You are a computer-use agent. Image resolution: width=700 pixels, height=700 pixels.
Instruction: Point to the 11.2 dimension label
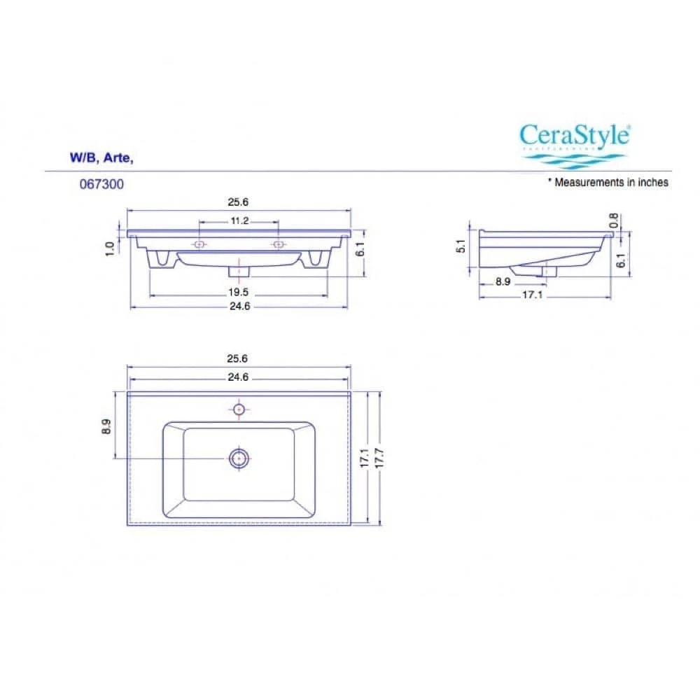pyautogui.click(x=239, y=220)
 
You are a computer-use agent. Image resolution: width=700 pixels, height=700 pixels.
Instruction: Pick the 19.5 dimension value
pyautogui.click(x=239, y=291)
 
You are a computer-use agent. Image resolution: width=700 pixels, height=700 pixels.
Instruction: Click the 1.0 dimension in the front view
pyautogui.click(x=110, y=248)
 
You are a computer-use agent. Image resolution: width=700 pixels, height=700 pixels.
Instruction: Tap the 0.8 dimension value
pyautogui.click(x=614, y=220)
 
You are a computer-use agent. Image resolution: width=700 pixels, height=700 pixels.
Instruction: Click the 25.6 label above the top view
pyautogui.click(x=238, y=358)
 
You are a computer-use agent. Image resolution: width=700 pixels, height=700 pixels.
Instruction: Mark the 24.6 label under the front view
pyautogui.click(x=239, y=306)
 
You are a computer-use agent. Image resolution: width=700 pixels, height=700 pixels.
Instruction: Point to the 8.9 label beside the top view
pyautogui.click(x=106, y=426)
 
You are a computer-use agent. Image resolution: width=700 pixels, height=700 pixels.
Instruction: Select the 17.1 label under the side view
pyautogui.click(x=533, y=295)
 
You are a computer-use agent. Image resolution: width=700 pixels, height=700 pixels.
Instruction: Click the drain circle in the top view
pyautogui.click(x=239, y=458)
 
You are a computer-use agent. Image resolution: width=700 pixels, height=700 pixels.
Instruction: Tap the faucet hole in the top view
pyautogui.click(x=239, y=408)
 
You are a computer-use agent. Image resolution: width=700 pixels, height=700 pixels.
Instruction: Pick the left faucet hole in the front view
pyautogui.click(x=199, y=244)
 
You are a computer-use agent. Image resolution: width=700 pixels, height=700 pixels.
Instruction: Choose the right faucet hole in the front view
pyautogui.click(x=279, y=244)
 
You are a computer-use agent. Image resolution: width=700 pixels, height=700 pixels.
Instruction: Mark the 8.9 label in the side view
pyautogui.click(x=502, y=281)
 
